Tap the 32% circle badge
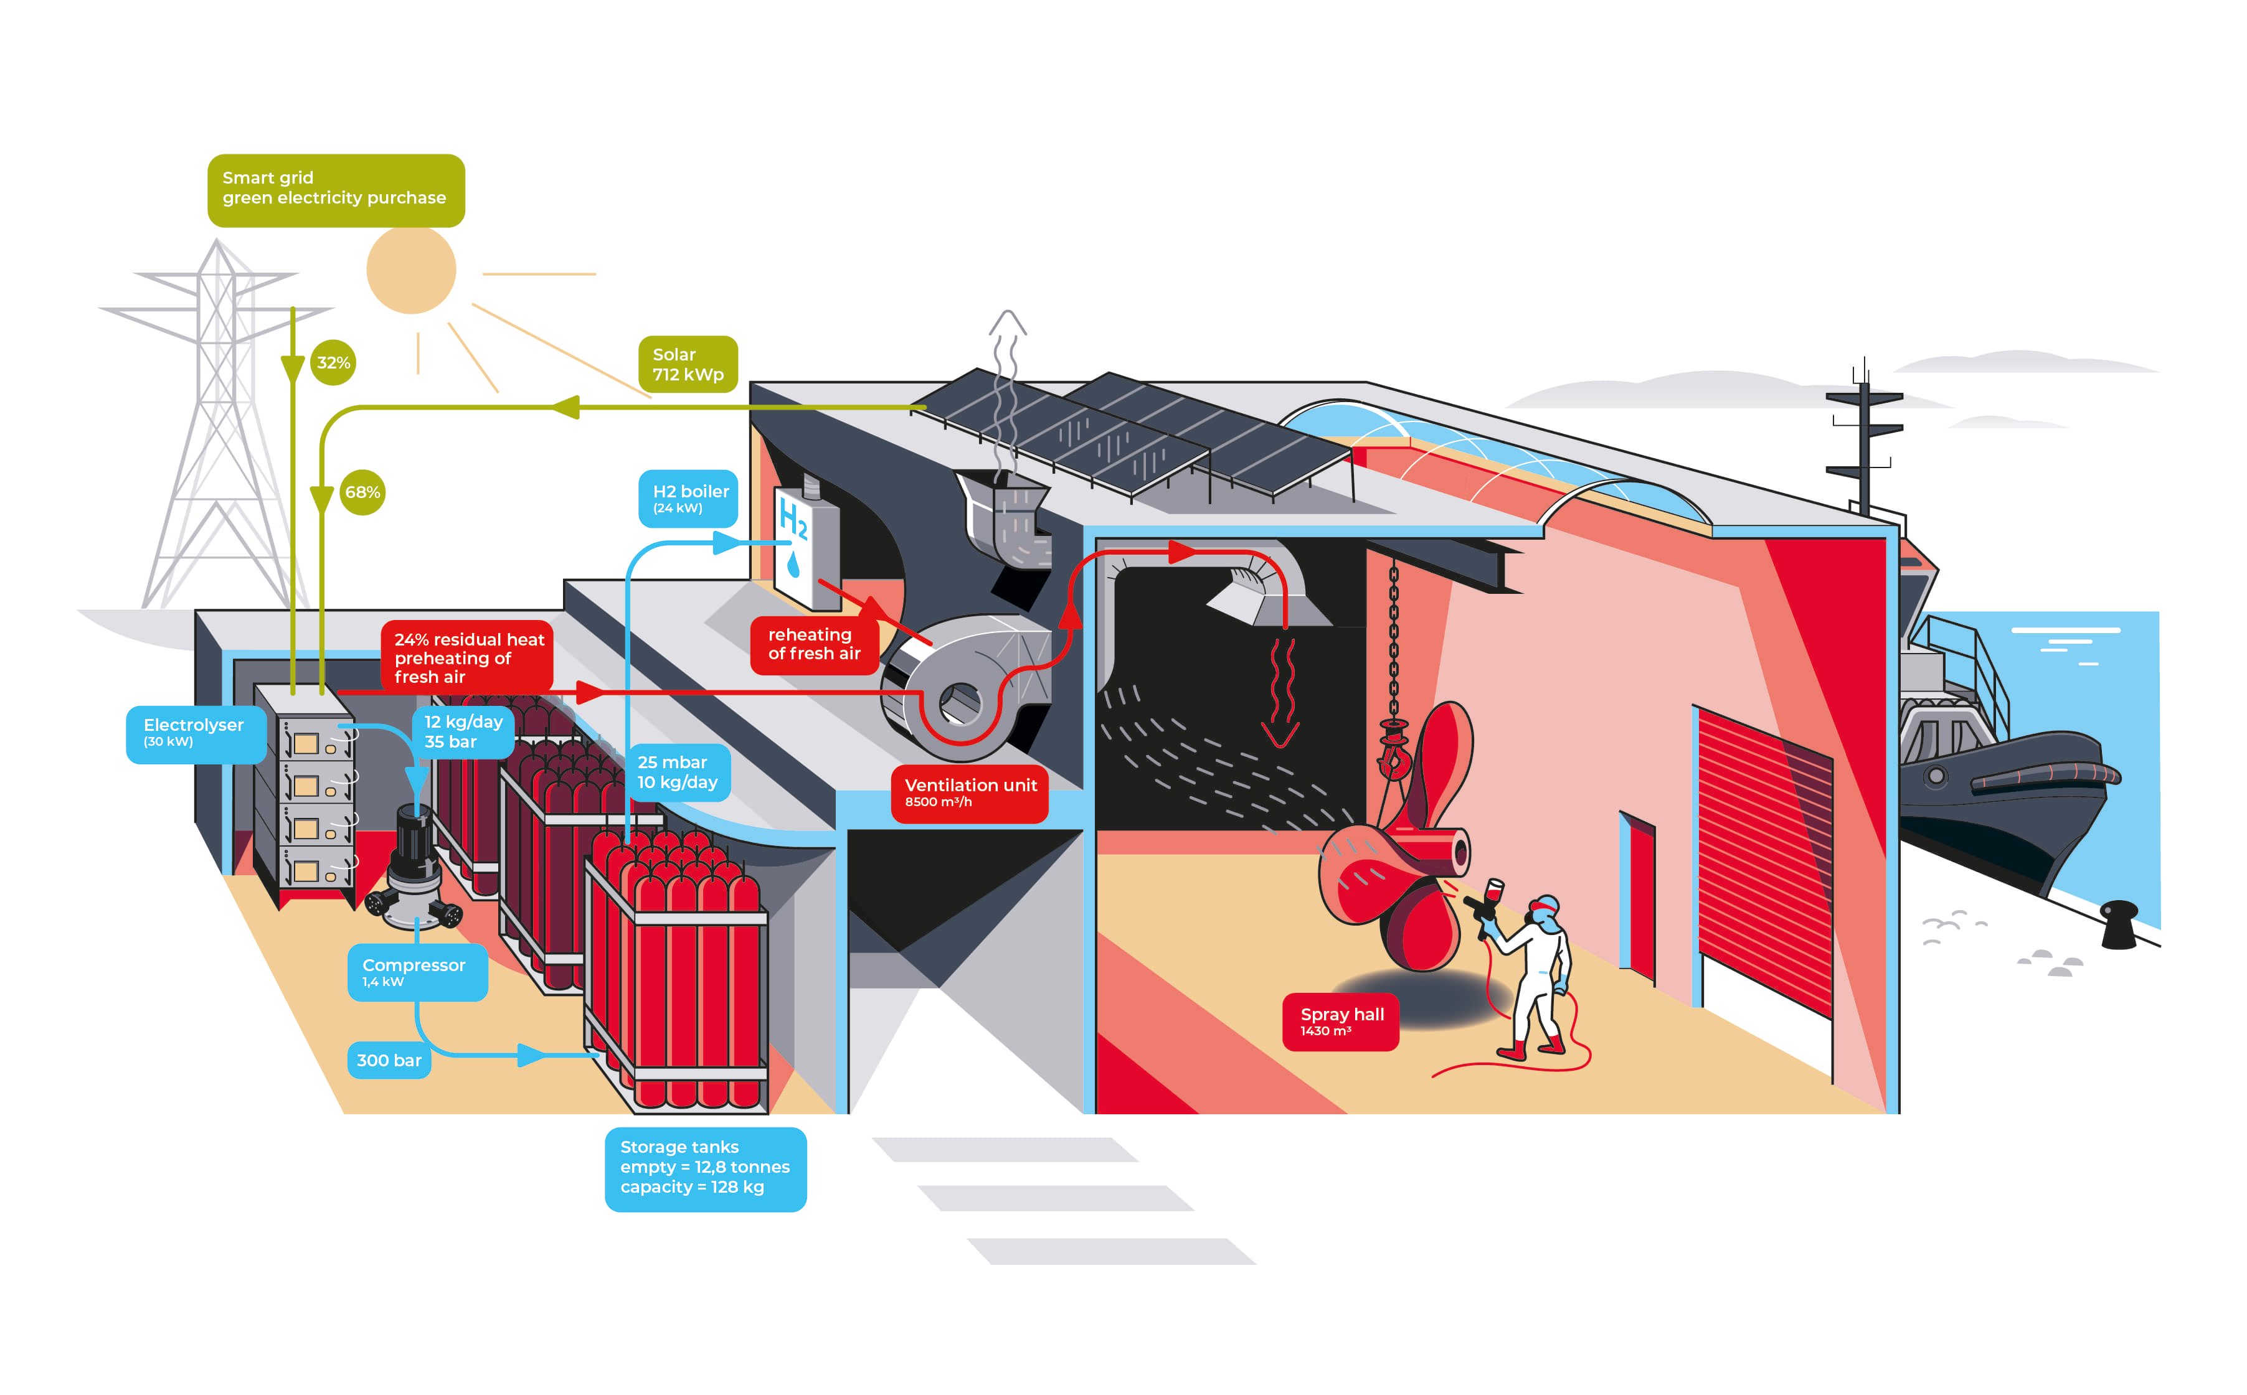333,362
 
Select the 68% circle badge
362,492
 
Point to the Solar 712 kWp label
688,364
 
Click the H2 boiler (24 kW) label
688,498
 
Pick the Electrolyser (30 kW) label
196,735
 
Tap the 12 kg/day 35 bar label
463,731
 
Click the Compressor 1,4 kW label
417,972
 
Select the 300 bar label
389,1060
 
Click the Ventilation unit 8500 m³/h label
970,792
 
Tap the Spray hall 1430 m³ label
1341,1022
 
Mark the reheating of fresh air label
814,644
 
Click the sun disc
412,270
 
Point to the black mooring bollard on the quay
2119,926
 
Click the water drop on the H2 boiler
793,565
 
